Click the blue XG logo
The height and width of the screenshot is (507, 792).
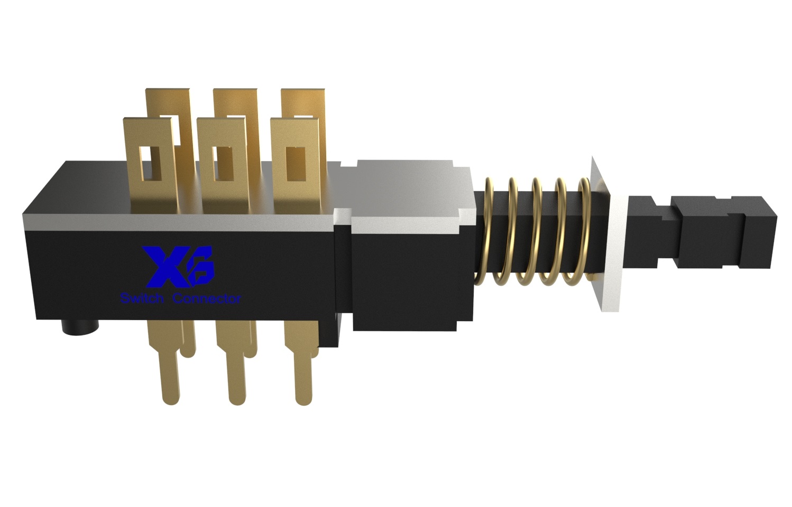pos(180,265)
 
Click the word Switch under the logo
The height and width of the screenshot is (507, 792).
pos(141,299)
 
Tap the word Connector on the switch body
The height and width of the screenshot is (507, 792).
pos(207,299)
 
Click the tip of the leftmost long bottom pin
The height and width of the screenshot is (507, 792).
pos(169,399)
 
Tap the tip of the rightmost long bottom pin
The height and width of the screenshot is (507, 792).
pos(302,399)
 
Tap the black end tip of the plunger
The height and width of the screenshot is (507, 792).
pos(761,232)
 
